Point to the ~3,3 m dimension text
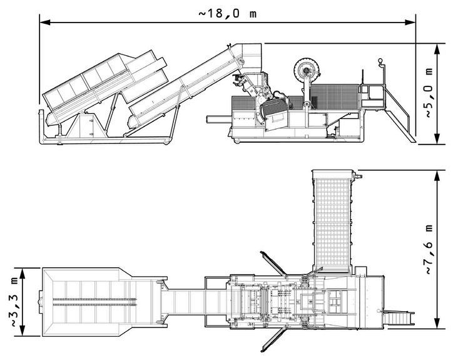coord(14,301)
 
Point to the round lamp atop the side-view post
coord(379,62)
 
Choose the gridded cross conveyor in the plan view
coord(331,219)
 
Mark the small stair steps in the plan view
coord(398,317)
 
